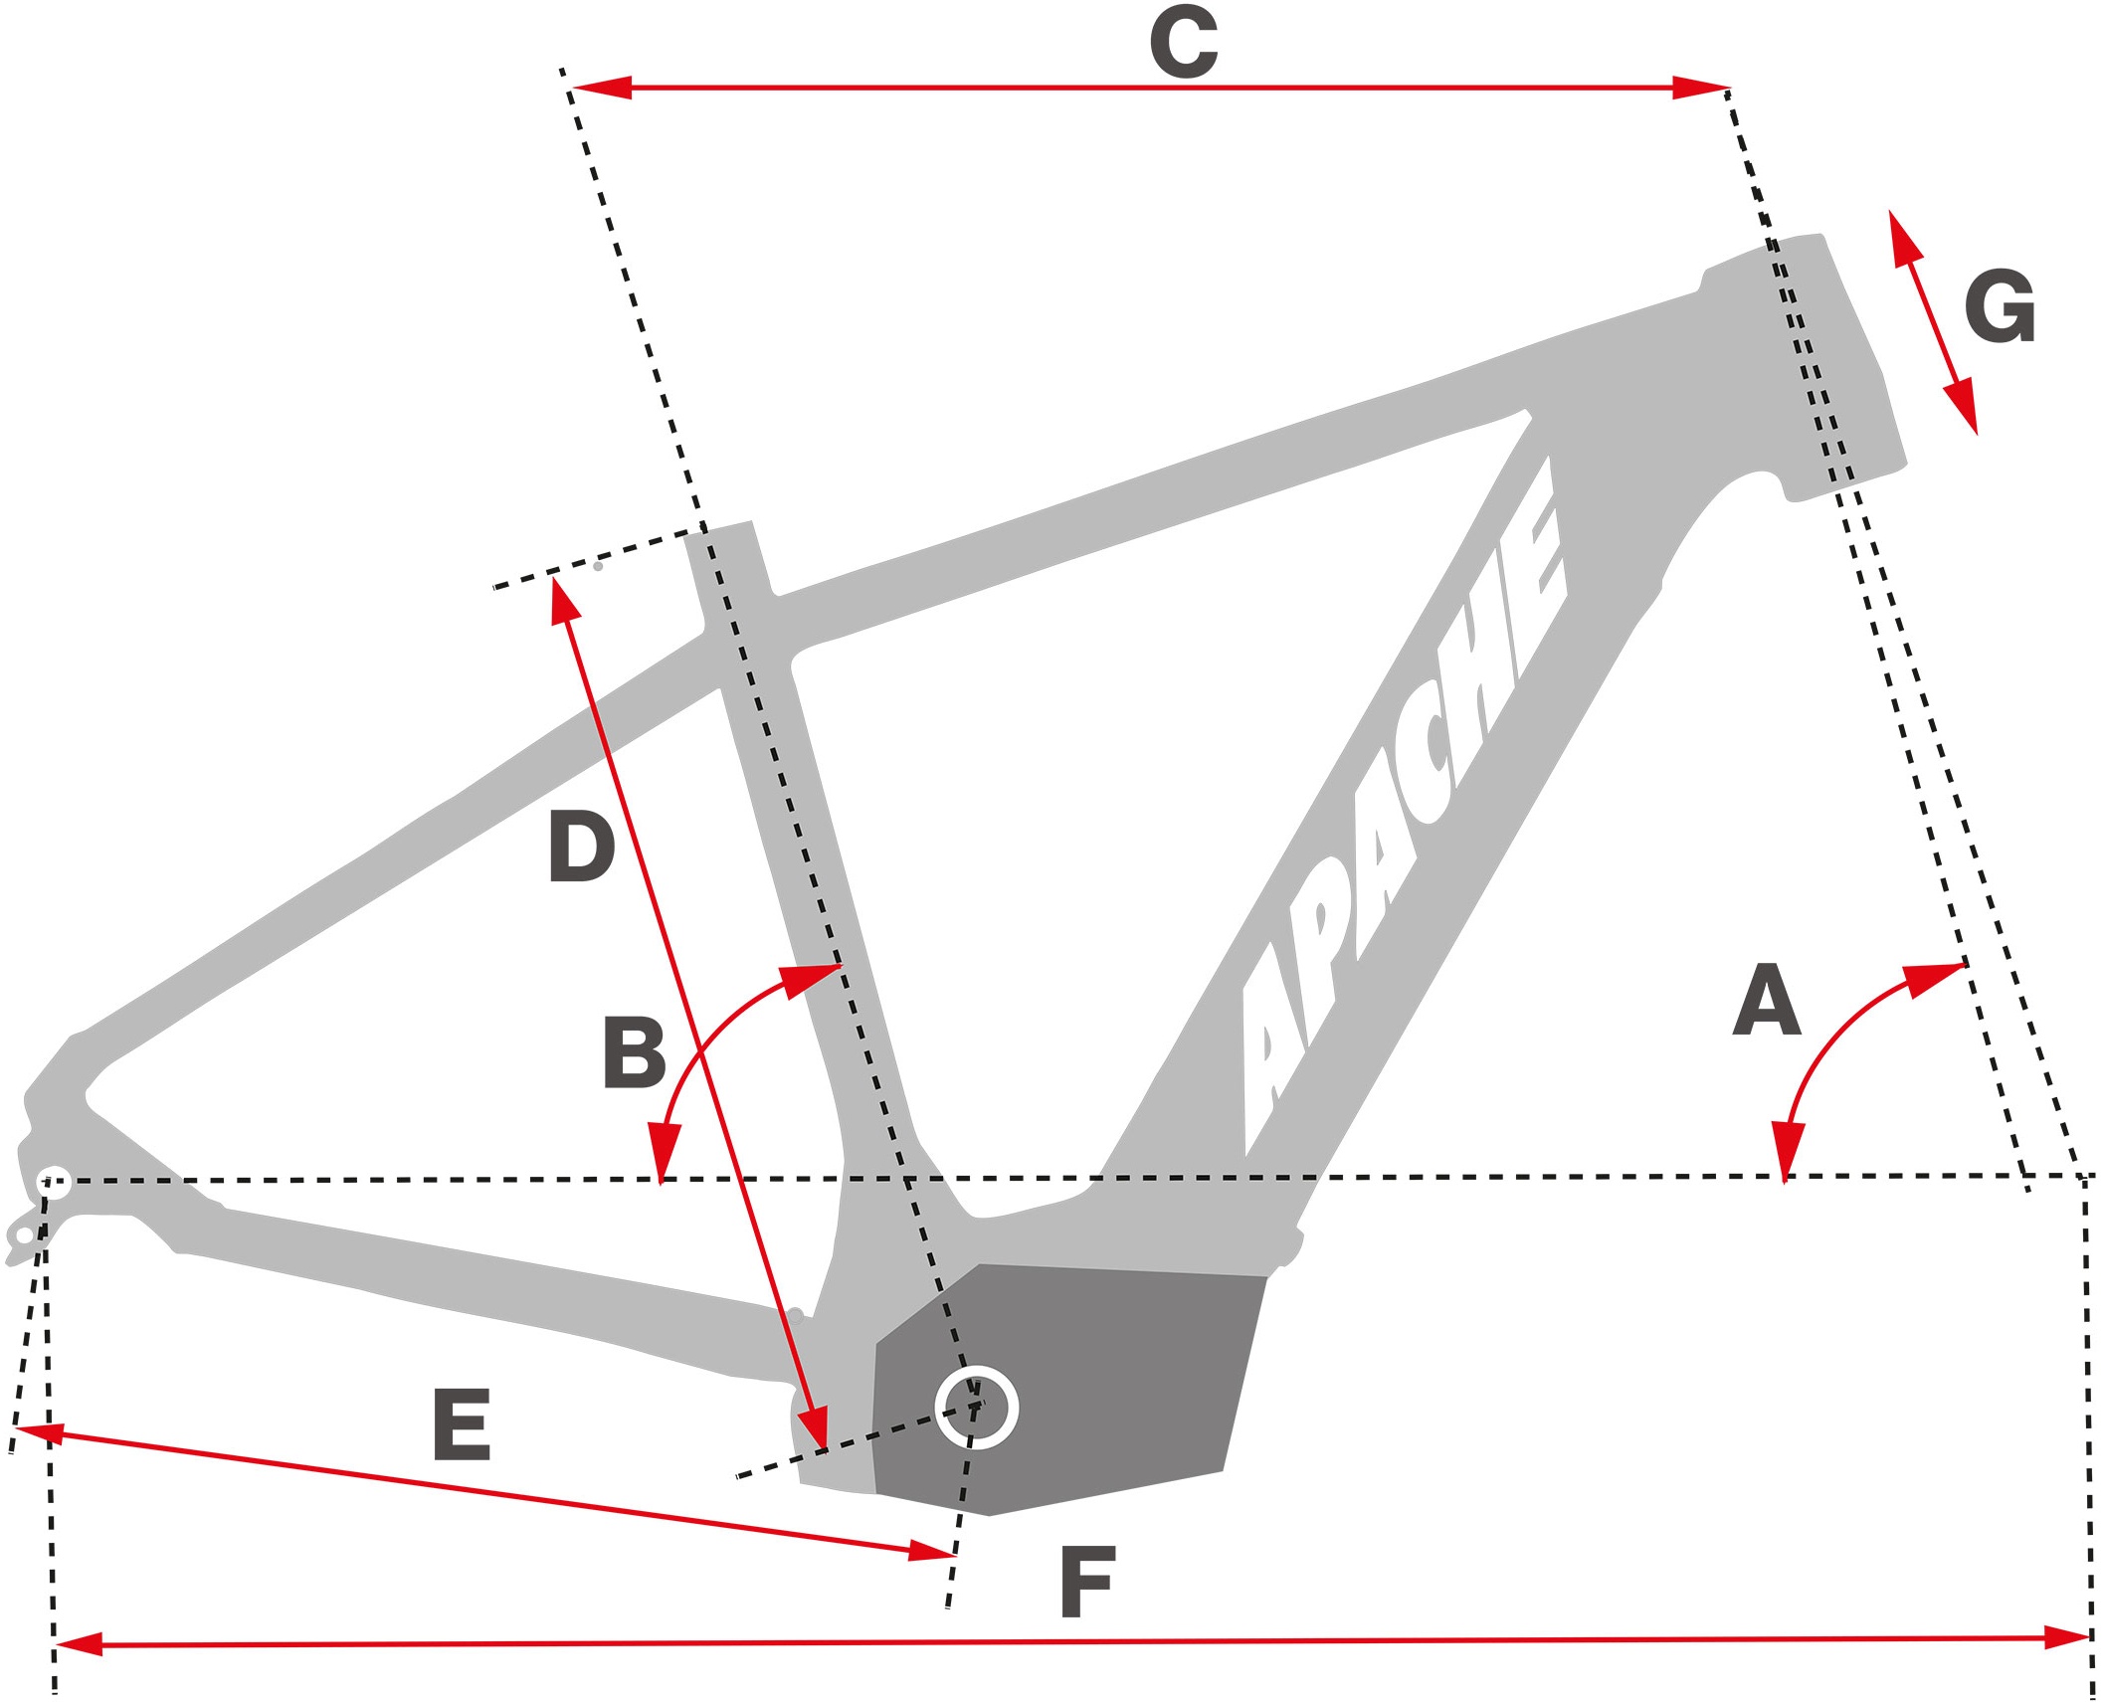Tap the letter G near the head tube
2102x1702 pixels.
click(x=2000, y=306)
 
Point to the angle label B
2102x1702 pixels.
click(x=635, y=1052)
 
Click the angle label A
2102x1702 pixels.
click(x=1767, y=1000)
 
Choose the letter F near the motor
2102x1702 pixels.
click(x=1087, y=1582)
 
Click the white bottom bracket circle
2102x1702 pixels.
click(x=977, y=1408)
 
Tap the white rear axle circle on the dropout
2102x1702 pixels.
click(x=54, y=1183)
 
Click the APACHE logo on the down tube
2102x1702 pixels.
click(x=1403, y=806)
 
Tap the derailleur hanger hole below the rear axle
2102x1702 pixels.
click(x=24, y=1235)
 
